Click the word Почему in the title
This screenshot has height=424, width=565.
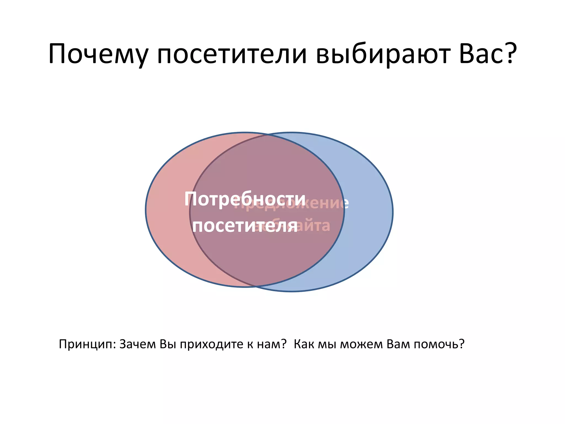[98, 54]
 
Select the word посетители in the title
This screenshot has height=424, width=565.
[232, 54]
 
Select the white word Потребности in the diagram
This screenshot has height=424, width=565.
[245, 199]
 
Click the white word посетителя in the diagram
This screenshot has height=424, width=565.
[245, 226]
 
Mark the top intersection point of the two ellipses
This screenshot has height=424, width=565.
[268, 135]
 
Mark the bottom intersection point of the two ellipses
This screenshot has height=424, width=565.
[256, 286]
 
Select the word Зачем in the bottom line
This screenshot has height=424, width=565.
[137, 344]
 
